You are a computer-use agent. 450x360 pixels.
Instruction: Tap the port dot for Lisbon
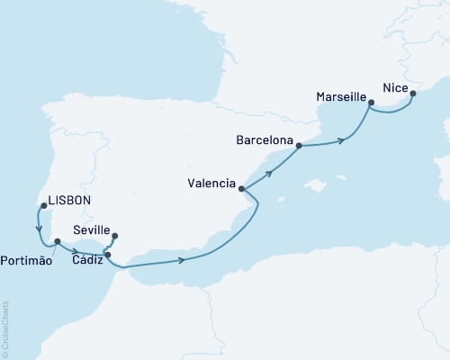pos(43,206)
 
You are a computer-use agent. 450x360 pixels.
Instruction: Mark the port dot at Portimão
pos(57,241)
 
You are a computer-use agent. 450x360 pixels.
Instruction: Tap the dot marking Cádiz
pos(108,255)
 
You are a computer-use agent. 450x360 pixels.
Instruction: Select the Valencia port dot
pos(241,189)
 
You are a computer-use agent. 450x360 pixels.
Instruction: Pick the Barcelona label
pos(263,140)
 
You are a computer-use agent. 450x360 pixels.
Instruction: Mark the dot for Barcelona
pos(299,145)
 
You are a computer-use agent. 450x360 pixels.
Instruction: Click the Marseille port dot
pos(371,103)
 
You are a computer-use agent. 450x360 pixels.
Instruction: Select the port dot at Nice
pos(412,91)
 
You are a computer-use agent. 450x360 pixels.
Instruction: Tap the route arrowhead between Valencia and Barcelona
pos(274,166)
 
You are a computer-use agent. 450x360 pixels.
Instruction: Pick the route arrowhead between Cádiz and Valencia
pos(184,261)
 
